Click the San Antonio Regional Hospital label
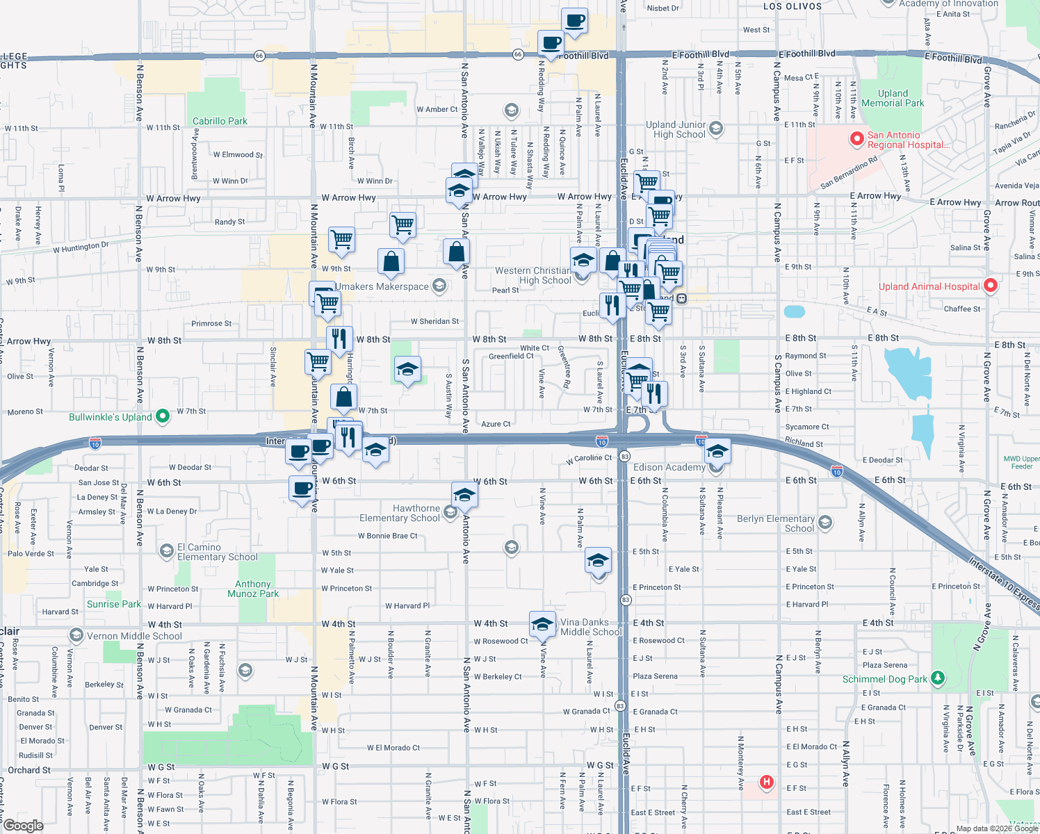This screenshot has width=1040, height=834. click(907, 140)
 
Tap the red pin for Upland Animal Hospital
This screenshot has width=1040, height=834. click(991, 286)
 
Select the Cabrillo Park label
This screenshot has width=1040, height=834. click(220, 121)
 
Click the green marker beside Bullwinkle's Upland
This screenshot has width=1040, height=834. click(163, 416)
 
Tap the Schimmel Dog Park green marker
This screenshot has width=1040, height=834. click(938, 678)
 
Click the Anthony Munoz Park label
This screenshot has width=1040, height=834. click(253, 589)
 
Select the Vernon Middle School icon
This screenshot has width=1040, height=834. click(76, 635)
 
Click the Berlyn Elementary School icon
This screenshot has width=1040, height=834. click(825, 523)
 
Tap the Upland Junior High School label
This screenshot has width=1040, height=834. click(676, 129)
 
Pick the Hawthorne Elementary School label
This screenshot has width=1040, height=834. click(400, 513)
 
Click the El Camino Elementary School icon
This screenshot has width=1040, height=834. click(166, 552)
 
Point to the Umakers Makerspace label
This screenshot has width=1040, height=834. click(382, 286)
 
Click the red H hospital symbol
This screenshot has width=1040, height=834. click(766, 783)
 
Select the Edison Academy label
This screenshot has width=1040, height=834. click(669, 467)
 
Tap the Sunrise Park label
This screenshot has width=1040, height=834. click(114, 604)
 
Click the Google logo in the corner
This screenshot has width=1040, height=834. click(23, 826)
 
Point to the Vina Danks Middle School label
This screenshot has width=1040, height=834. click(591, 627)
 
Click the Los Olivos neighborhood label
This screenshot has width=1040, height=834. click(793, 6)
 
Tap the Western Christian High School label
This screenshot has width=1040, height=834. click(533, 275)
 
